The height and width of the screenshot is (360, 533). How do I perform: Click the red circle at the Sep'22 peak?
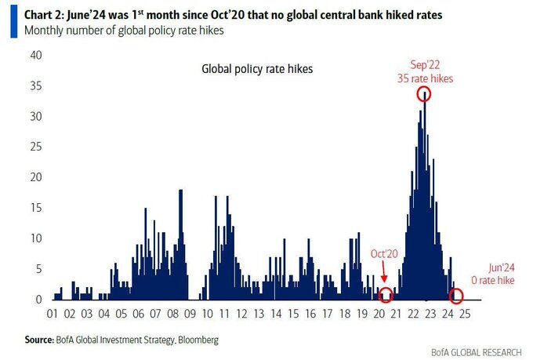click(425, 94)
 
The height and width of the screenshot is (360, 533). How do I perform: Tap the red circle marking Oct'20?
click(386, 296)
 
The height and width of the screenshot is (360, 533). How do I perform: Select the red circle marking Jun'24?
click(457, 296)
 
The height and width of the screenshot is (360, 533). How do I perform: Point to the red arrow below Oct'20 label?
click(384, 275)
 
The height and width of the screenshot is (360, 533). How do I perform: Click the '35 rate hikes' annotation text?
click(425, 78)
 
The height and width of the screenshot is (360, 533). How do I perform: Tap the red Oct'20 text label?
click(384, 255)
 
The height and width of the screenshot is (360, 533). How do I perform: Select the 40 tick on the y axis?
click(36, 55)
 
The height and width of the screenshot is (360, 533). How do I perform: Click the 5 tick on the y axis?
click(38, 269)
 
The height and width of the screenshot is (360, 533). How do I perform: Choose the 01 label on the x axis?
click(53, 315)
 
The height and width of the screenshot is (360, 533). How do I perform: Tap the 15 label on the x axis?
click(292, 315)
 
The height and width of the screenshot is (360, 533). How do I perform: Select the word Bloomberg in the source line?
click(196, 340)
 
